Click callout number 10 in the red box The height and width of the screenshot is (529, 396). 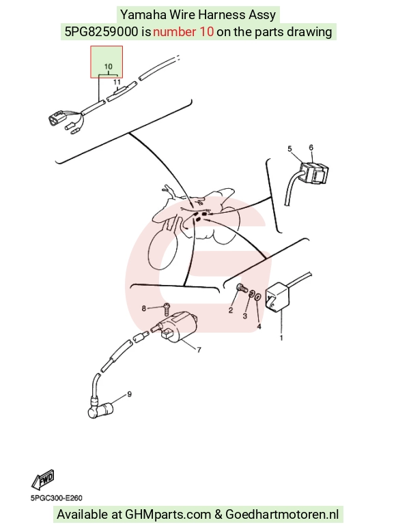108,66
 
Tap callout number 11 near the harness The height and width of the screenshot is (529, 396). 117,82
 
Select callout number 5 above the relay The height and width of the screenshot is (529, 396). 289,149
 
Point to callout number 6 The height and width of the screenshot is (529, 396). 311,147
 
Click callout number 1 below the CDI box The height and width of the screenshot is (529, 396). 281,337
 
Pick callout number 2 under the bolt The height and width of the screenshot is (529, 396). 231,310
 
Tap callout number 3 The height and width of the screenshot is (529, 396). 245,316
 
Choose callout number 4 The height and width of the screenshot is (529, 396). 259,327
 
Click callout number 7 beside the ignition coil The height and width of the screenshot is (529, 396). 199,350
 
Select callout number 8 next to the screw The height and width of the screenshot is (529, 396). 144,308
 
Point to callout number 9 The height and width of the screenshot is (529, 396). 129,394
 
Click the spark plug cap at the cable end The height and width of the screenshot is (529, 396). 101,410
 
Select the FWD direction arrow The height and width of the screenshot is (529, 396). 43,479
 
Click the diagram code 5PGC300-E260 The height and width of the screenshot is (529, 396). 57,498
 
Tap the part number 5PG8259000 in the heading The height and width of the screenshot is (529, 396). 101,32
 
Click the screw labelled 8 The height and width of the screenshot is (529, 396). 167,307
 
